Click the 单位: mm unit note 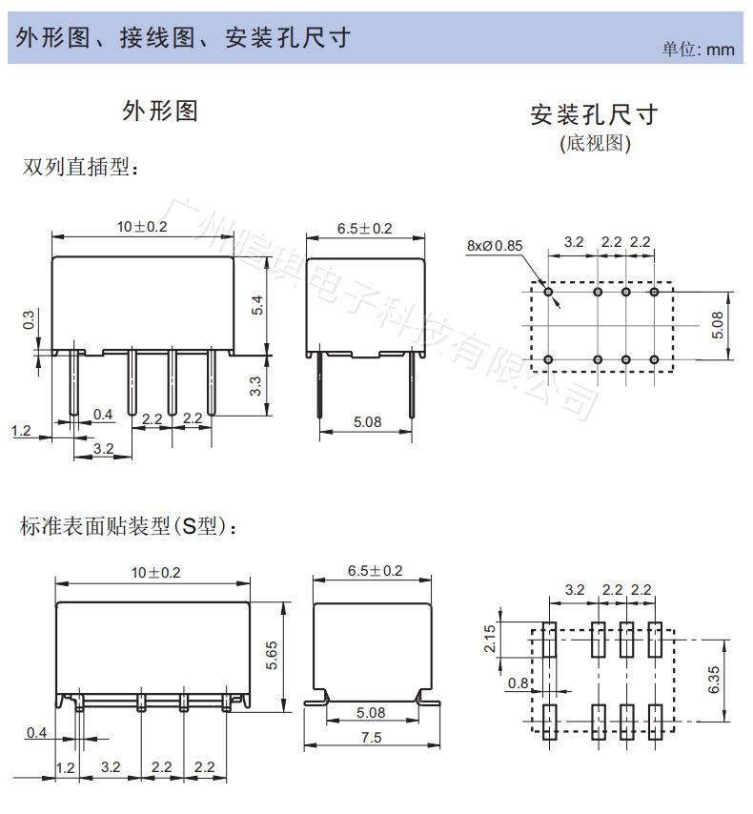click(699, 49)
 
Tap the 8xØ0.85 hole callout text click(495, 245)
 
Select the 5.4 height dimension click(256, 305)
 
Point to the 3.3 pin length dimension click(256, 386)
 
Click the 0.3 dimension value click(29, 321)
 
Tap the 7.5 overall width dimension click(372, 737)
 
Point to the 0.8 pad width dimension click(518, 682)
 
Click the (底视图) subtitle click(595, 144)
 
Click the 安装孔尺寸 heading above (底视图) click(595, 115)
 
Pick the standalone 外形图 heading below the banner click(160, 111)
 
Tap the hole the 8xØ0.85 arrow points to click(549, 292)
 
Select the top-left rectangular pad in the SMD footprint click(549, 639)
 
